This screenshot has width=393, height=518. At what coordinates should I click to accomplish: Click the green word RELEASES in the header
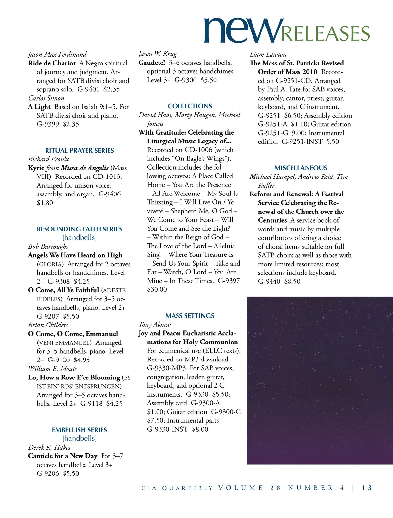[x=326, y=34]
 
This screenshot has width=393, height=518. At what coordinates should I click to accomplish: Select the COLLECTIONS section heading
[x=190, y=106]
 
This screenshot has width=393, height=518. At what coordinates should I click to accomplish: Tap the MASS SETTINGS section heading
[x=190, y=316]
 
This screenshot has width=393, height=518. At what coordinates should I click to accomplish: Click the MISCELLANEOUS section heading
[x=301, y=168]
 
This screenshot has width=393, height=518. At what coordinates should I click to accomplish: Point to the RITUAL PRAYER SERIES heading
[x=80, y=150]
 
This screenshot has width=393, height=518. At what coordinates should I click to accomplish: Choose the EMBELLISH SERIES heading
[x=80, y=430]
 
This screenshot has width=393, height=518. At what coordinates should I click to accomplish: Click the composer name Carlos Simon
[x=46, y=98]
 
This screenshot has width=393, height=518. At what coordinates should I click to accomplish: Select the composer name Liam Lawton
[x=268, y=54]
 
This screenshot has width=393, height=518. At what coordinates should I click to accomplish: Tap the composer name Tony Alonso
[x=155, y=324]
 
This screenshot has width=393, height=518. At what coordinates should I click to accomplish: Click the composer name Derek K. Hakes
[x=49, y=447]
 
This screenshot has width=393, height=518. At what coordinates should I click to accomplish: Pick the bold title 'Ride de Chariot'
[x=52, y=63]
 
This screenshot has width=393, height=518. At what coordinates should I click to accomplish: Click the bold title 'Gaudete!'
[x=152, y=63]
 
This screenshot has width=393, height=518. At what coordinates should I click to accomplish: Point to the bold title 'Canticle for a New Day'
[x=63, y=456]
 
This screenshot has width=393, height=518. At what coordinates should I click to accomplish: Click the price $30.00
[x=157, y=289]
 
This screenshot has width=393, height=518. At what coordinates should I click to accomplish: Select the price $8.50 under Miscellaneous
[x=292, y=281]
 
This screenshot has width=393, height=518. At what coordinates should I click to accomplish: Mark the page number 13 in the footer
[x=367, y=488]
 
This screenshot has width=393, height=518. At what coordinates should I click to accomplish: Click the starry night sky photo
[x=319, y=380]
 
